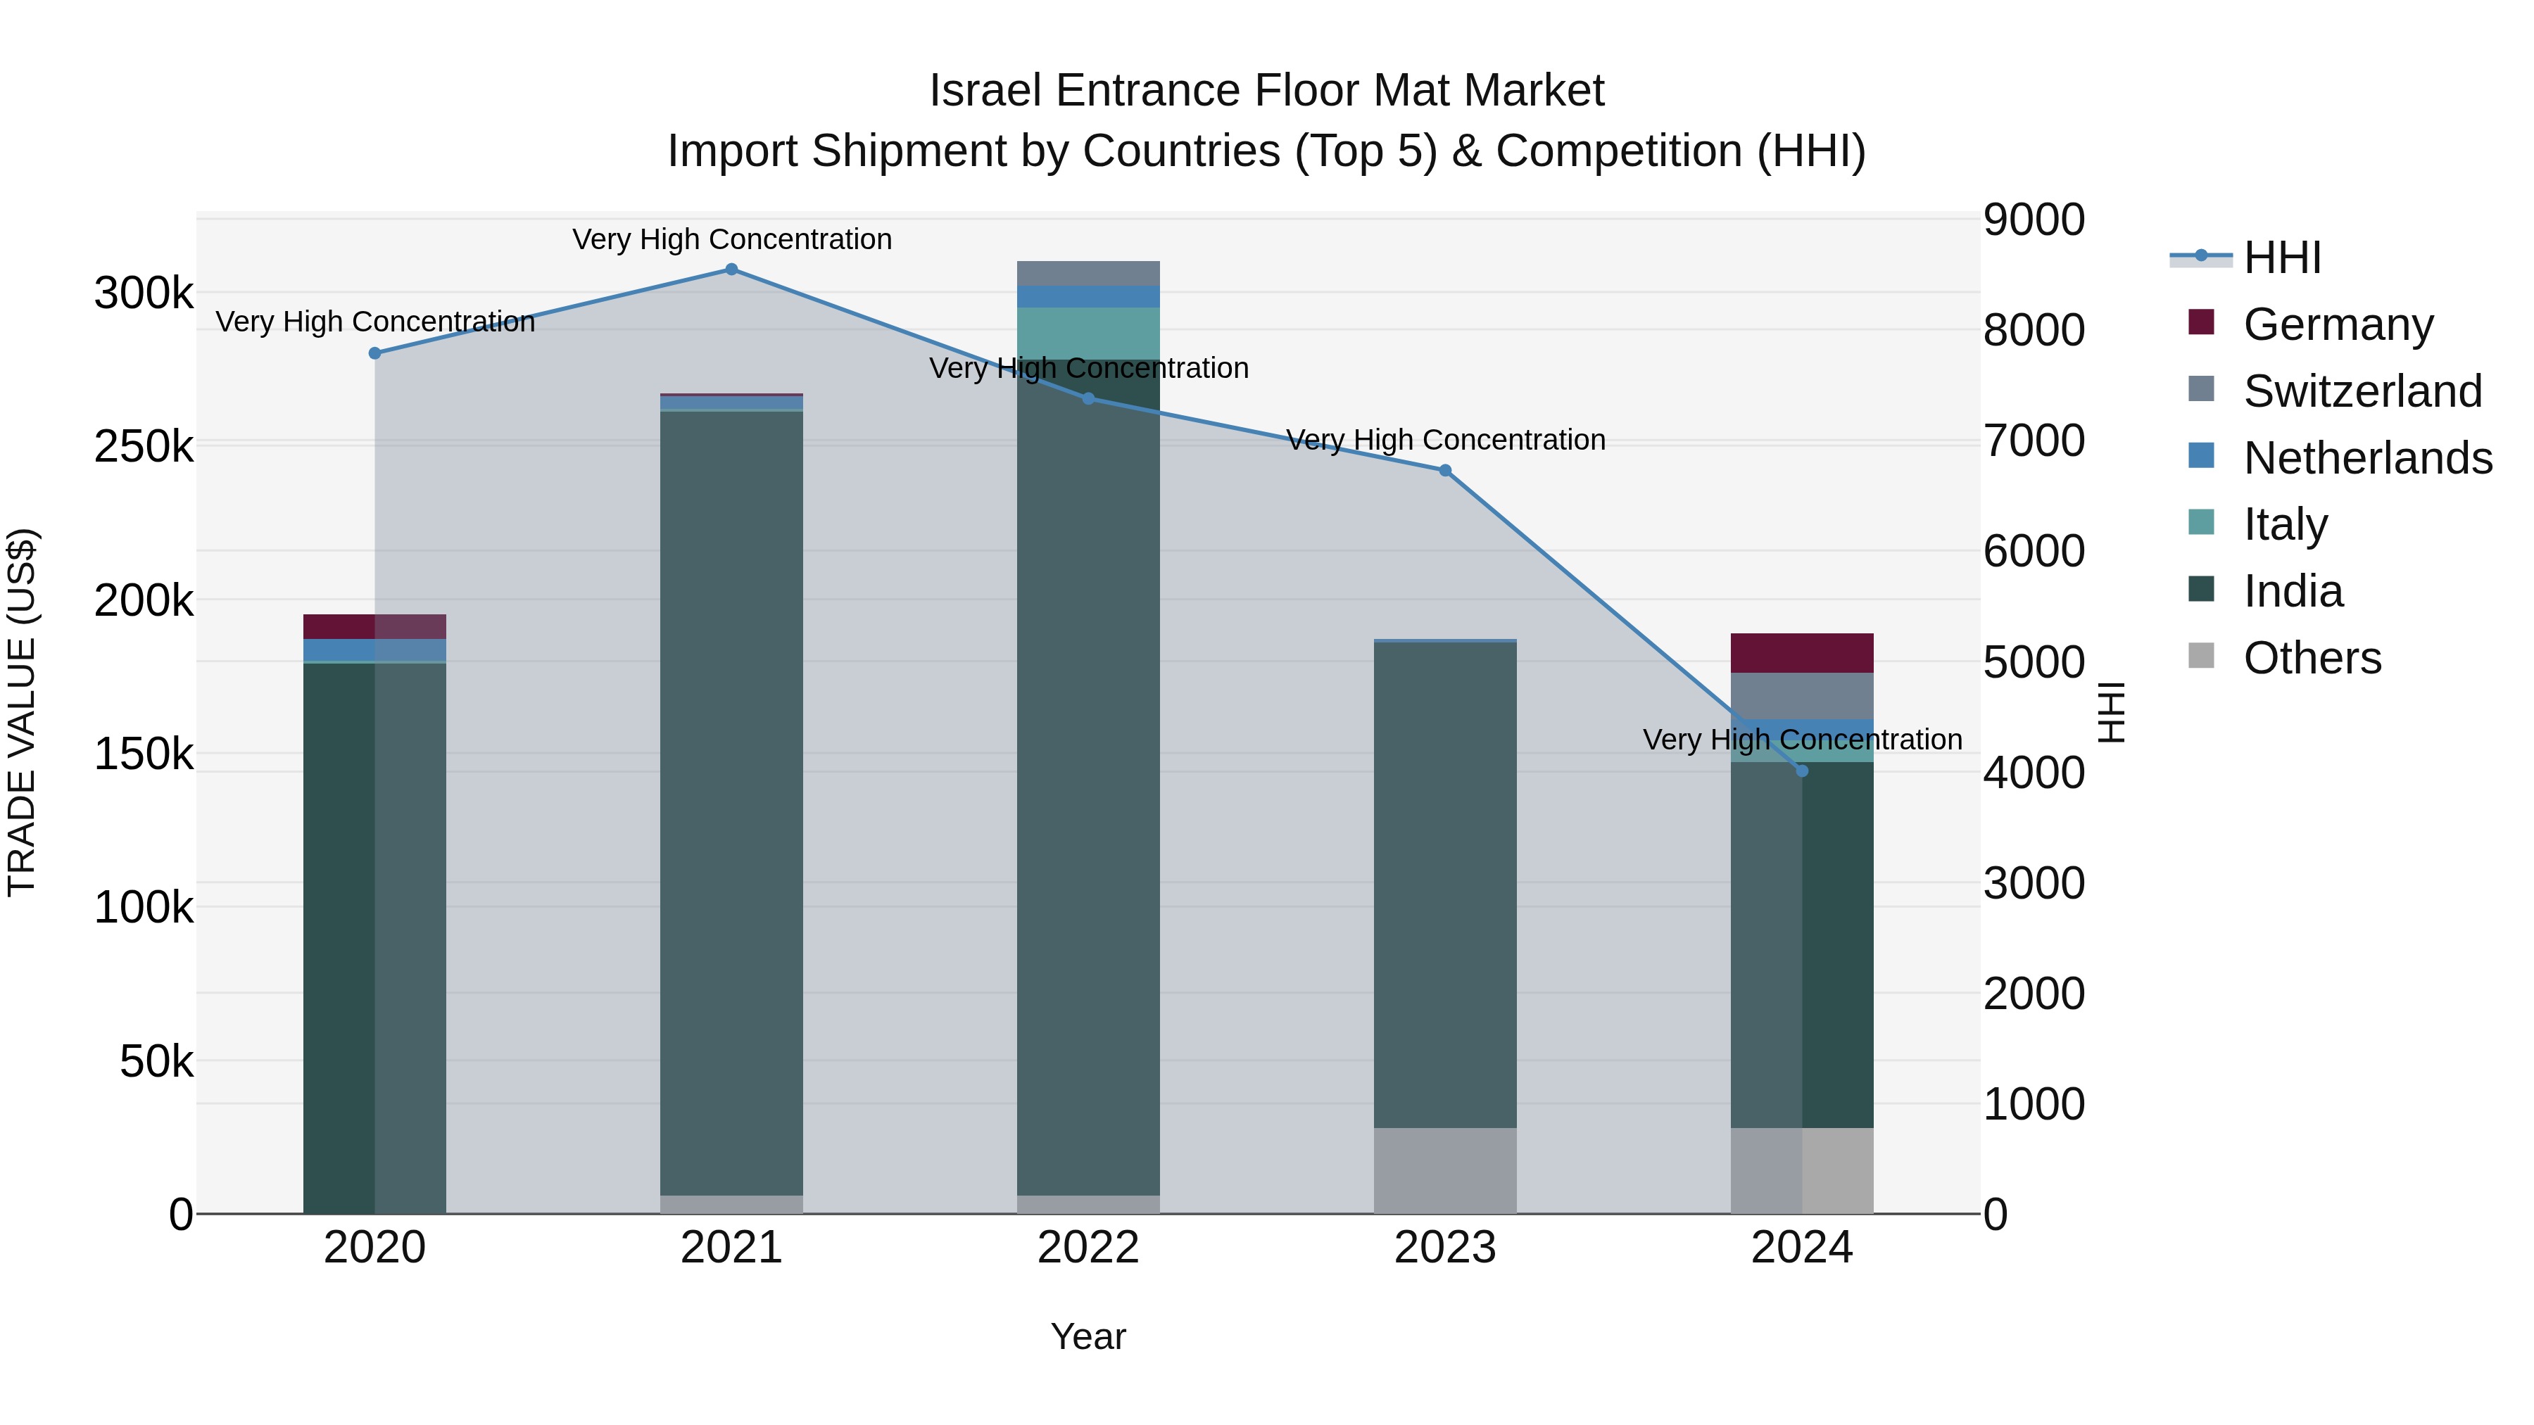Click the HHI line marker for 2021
click(x=731, y=270)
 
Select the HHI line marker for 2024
click(x=1801, y=771)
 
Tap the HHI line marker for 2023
click(x=1445, y=471)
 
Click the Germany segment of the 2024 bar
click(x=1801, y=653)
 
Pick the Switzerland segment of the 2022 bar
click(x=1088, y=274)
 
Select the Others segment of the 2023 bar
click(x=1445, y=1170)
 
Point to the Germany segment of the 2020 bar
click(x=374, y=626)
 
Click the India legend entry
click(x=2292, y=592)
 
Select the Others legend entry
click(x=2312, y=658)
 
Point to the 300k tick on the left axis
click(x=144, y=293)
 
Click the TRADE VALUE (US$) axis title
click(x=22, y=712)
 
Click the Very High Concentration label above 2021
click(x=732, y=239)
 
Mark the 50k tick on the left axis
click(x=156, y=1062)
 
